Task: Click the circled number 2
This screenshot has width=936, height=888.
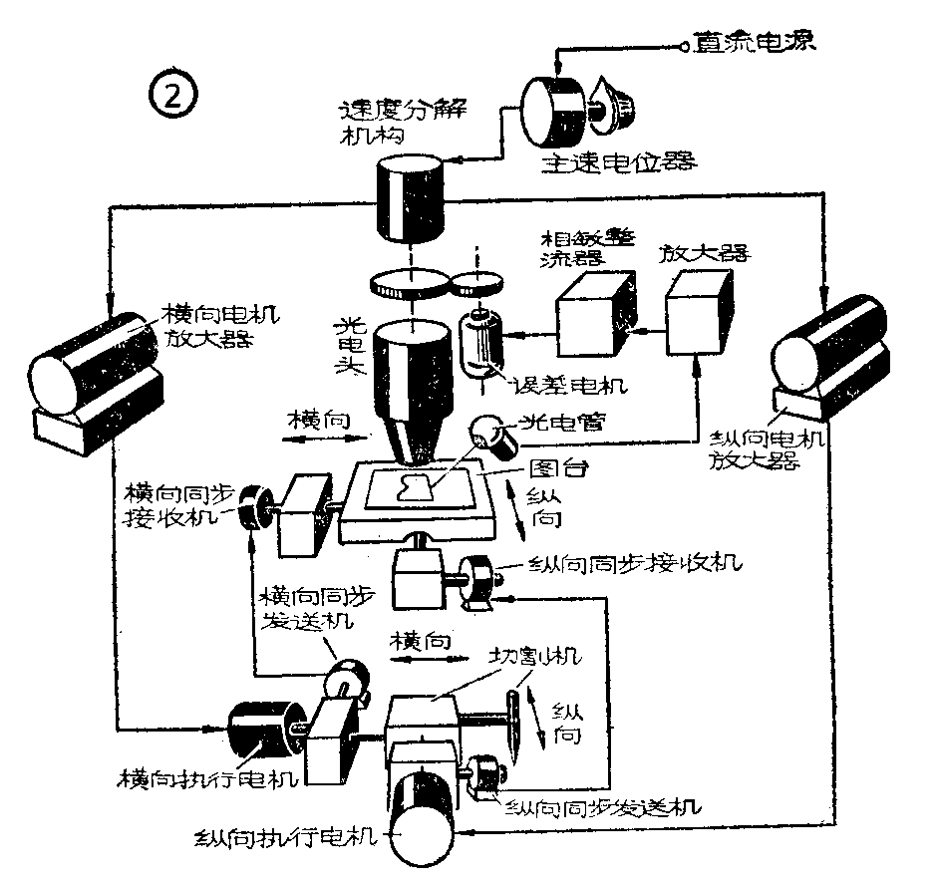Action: tap(173, 97)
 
